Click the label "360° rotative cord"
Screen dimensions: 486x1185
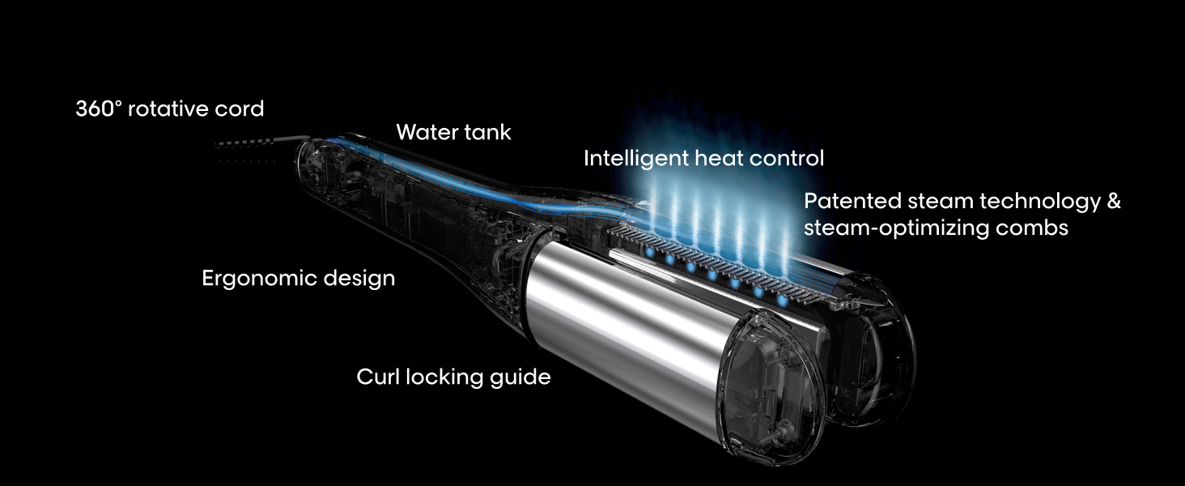point(170,109)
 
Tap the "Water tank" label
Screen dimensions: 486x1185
point(453,133)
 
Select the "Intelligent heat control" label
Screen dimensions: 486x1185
point(703,159)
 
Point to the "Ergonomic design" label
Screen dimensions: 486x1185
point(298,279)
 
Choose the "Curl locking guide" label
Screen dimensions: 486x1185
point(453,377)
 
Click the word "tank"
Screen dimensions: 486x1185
point(486,133)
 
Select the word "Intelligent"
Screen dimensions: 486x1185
point(635,159)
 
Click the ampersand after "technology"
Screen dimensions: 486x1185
point(1113,201)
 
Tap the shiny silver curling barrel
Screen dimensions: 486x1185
point(615,324)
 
